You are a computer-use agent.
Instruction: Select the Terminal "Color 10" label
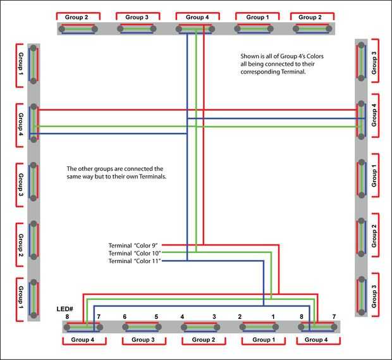[x=135, y=253]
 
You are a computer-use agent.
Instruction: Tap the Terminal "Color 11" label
[x=135, y=261]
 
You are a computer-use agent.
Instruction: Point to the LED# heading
[x=64, y=309]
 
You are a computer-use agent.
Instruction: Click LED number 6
[x=125, y=317]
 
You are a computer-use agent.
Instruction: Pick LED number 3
[x=214, y=317]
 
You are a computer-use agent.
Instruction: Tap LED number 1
[x=273, y=317]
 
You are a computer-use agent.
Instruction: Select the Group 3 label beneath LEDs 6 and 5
[x=143, y=340]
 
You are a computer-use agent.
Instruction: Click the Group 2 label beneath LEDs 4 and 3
[x=204, y=340]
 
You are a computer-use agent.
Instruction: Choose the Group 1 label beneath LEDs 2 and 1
[x=264, y=340]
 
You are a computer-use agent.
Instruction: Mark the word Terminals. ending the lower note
[x=153, y=177]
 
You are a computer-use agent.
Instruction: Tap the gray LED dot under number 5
[x=158, y=327]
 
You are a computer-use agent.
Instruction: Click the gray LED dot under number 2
[x=243, y=327]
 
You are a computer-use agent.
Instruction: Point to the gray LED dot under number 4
[x=184, y=327]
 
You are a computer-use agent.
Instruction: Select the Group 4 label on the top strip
[x=197, y=17]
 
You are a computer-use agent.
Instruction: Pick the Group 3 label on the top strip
[x=137, y=17]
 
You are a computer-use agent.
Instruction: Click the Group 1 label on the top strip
[x=257, y=17]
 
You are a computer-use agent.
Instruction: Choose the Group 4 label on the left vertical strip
[x=21, y=125]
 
